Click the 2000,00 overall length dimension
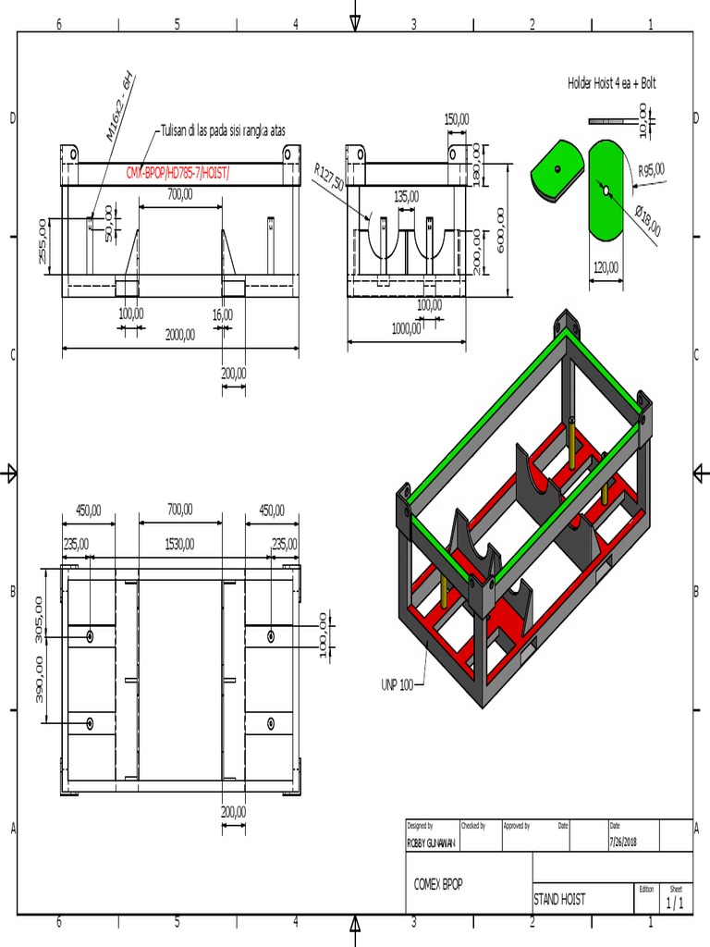(x=180, y=336)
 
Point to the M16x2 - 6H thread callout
(x=120, y=107)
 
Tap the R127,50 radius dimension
(x=329, y=178)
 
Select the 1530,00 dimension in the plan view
(x=180, y=545)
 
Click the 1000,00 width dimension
(x=406, y=328)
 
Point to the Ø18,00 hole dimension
(x=648, y=221)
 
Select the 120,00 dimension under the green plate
(x=606, y=267)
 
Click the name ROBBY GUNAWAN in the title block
(x=432, y=843)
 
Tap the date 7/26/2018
(x=623, y=842)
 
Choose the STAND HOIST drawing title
(x=559, y=898)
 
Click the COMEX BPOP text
(x=438, y=884)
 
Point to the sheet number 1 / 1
(x=675, y=904)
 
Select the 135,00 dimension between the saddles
(x=406, y=196)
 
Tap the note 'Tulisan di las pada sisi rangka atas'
(x=223, y=131)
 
